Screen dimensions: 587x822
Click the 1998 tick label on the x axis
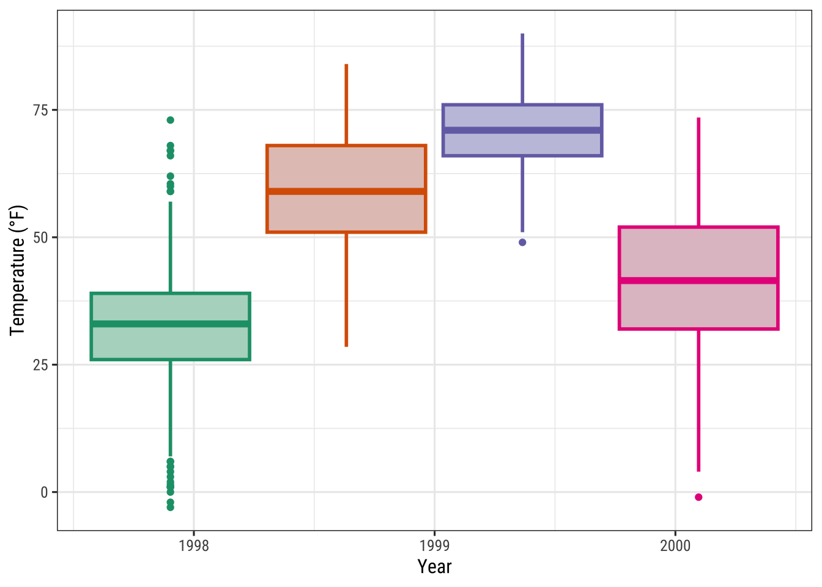point(193,545)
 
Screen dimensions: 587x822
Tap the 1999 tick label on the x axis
point(434,545)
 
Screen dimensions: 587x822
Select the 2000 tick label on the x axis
point(675,545)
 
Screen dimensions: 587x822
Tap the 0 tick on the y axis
point(44,492)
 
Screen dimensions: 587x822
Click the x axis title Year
point(434,567)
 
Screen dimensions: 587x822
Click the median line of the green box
point(170,324)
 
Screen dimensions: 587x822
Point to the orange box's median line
point(346,191)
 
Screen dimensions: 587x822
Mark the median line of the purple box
point(522,130)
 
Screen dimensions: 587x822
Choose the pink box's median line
point(698,281)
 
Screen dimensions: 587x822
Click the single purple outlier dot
point(522,242)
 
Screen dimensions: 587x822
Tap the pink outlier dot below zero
point(698,497)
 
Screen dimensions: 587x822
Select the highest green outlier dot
point(170,120)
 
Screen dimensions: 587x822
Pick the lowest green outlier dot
point(170,507)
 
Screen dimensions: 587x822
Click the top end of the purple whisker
point(522,34)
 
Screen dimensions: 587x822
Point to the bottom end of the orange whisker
point(346,346)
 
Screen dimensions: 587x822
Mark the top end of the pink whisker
point(698,118)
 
